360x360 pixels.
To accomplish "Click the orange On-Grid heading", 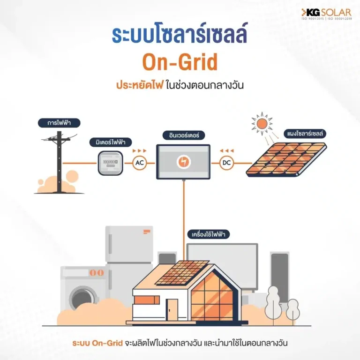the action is click(180, 63).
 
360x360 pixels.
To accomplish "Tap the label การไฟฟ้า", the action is click(60, 123).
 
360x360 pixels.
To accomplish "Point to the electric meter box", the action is click(110, 163).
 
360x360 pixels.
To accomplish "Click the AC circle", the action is click(139, 163).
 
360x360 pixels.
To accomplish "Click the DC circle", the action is click(226, 163).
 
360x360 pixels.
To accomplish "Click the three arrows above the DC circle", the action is click(226, 150).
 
